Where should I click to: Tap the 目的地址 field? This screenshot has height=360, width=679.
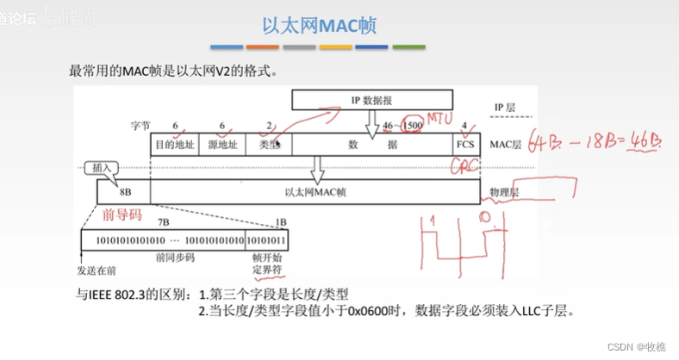tap(176, 144)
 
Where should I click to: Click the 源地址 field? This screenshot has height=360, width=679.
tap(222, 144)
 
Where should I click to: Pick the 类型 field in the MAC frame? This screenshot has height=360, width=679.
tap(270, 144)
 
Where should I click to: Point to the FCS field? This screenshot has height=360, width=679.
tap(465, 144)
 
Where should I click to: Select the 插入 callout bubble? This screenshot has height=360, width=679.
tap(100, 169)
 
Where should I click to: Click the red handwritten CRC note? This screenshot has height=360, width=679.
tap(467, 166)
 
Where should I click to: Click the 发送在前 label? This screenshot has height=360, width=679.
tap(97, 270)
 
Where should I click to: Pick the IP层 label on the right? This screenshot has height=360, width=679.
tap(504, 107)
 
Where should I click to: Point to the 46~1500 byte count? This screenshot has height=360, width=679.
tap(402, 126)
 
